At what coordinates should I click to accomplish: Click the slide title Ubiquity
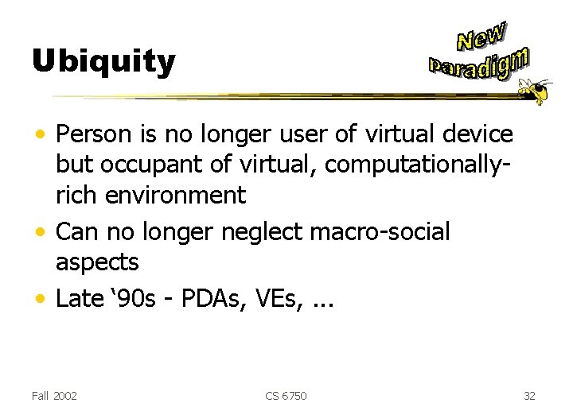(103, 61)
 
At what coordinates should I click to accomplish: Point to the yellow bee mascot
(536, 90)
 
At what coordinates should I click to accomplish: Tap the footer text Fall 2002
(54, 395)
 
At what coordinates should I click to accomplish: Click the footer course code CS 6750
(286, 395)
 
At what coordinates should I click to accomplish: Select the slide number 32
(531, 395)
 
